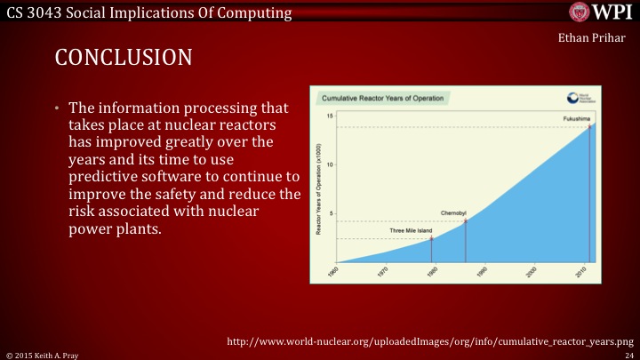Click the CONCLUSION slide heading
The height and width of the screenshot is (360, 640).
click(124, 58)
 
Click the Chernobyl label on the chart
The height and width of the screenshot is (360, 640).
click(453, 213)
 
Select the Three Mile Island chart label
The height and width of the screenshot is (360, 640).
click(411, 231)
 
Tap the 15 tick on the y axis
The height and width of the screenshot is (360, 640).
click(330, 116)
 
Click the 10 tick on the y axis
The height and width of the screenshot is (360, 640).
click(330, 164)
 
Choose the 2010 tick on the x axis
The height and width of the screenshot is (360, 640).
click(580, 272)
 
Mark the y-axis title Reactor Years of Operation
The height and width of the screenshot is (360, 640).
click(319, 187)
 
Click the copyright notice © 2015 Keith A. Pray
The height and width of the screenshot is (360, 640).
click(41, 354)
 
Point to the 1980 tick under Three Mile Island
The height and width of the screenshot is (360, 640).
click(432, 272)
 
